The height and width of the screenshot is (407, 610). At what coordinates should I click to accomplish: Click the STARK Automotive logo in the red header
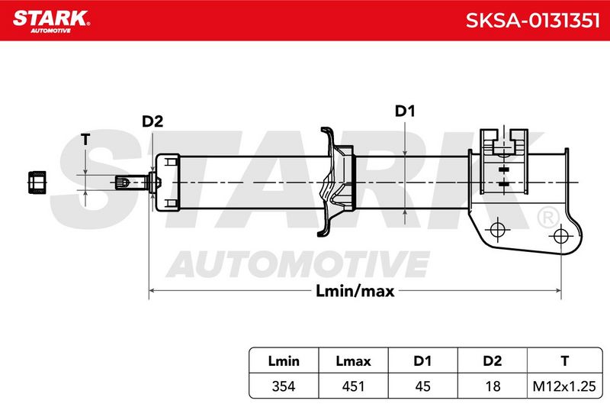pyautogui.click(x=51, y=21)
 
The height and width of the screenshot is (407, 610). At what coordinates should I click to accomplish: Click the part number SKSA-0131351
pyautogui.click(x=532, y=21)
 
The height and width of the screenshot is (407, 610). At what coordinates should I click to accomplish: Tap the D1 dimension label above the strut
pyautogui.click(x=405, y=111)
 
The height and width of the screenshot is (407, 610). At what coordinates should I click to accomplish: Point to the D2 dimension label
pyautogui.click(x=152, y=121)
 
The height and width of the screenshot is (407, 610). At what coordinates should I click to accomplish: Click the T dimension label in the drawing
pyautogui.click(x=85, y=139)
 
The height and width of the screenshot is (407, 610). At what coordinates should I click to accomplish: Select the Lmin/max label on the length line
pyautogui.click(x=355, y=291)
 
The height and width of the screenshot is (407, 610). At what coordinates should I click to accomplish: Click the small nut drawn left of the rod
pyautogui.click(x=37, y=182)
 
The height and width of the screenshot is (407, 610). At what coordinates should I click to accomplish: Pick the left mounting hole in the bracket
pyautogui.click(x=498, y=229)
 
